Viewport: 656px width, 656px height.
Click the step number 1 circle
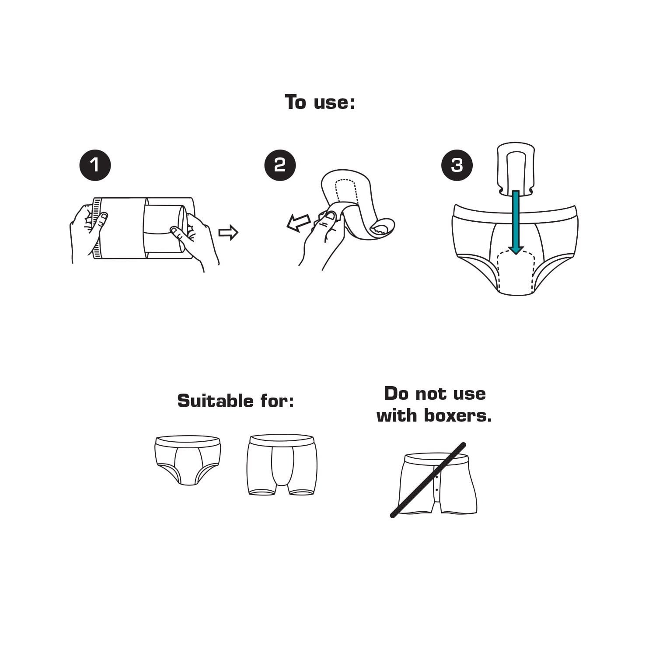pyautogui.click(x=95, y=165)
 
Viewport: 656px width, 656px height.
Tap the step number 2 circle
pyautogui.click(x=280, y=165)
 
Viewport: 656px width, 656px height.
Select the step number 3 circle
pyautogui.click(x=457, y=165)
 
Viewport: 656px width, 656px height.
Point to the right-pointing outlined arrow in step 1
pyautogui.click(x=228, y=233)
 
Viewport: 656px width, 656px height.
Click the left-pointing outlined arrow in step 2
pyautogui.click(x=299, y=223)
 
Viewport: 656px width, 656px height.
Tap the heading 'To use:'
pyautogui.click(x=320, y=102)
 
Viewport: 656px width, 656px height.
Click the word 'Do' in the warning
pyautogui.click(x=397, y=394)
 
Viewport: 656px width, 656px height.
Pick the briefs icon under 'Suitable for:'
pyautogui.click(x=188, y=460)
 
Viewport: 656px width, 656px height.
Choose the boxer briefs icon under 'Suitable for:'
pyautogui.click(x=282, y=464)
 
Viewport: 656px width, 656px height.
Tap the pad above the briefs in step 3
pyautogui.click(x=516, y=168)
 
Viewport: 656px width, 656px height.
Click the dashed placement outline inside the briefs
pyautogui.click(x=516, y=271)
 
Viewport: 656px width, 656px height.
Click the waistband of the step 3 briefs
pyautogui.click(x=515, y=212)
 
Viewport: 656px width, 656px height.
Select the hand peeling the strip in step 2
pyautogui.click(x=321, y=238)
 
